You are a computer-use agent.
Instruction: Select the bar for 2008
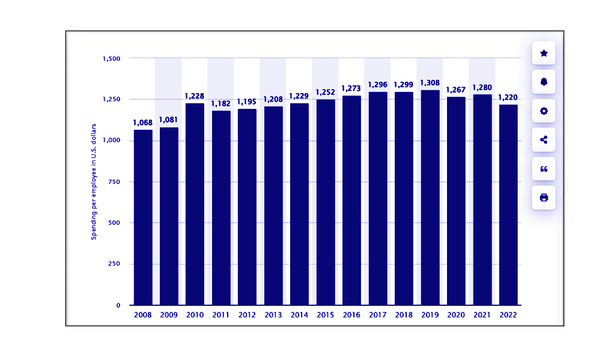coord(143,217)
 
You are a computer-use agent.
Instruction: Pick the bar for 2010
coord(195,204)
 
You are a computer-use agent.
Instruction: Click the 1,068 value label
coord(143,123)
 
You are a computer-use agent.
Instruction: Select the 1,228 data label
coord(195,96)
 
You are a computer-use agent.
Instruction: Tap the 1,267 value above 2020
coord(456,90)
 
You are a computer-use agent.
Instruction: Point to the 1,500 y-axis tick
coord(112,58)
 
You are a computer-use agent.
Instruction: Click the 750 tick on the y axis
coord(114,182)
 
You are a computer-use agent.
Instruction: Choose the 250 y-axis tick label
coord(114,264)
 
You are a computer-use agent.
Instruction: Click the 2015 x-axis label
coord(326,314)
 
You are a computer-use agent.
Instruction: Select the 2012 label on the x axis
coord(247,314)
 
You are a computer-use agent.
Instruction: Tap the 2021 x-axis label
coord(482,314)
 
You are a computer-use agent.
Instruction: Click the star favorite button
coord(544,53)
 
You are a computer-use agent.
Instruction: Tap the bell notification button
coord(544,82)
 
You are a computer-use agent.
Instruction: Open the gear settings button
coord(544,111)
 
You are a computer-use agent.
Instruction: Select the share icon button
coord(544,139)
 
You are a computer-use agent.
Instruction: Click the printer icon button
coord(544,197)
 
